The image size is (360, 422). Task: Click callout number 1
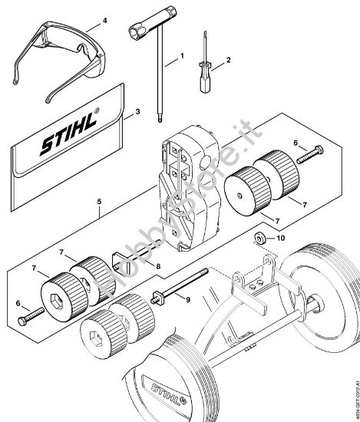182,56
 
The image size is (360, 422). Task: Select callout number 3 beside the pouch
137,111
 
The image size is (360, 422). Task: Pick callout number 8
159,267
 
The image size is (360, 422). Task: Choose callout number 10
280,239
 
